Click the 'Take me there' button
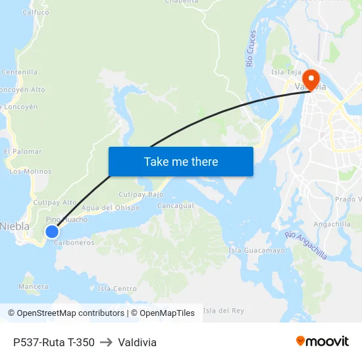[x=180, y=161]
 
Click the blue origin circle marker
[x=52, y=231]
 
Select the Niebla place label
[x=14, y=226]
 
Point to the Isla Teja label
[x=286, y=72]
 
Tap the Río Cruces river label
[x=251, y=48]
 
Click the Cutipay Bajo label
[x=141, y=195]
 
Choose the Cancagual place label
[x=176, y=205]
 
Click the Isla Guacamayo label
[x=257, y=251]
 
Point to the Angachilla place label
[x=332, y=224]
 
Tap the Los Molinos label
[x=30, y=172]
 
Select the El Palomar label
[x=22, y=151]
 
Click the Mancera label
[x=34, y=287]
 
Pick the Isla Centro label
[x=117, y=289]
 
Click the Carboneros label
[x=74, y=243]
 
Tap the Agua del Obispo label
[x=111, y=208]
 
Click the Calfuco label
[x=36, y=13]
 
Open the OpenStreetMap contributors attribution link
[x=70, y=313]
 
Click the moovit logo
[x=323, y=341]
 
